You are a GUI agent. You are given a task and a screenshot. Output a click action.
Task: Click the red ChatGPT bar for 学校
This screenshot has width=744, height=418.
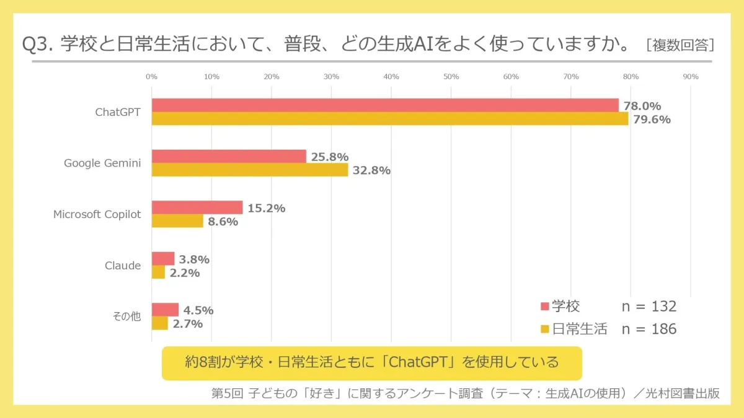[x=384, y=105]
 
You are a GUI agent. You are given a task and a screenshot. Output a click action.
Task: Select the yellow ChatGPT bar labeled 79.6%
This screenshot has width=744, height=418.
[x=389, y=119]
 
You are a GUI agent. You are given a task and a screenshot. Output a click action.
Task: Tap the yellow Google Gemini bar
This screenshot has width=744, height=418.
[x=250, y=170]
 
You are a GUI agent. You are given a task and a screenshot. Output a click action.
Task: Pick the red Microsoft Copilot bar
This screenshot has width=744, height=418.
[x=197, y=207]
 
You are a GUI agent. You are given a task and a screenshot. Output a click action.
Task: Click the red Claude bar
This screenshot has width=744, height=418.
[x=163, y=258]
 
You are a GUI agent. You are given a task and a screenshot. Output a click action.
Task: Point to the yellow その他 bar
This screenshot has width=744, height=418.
[x=160, y=323]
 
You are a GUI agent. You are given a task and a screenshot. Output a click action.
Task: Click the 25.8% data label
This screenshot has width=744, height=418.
[x=329, y=157]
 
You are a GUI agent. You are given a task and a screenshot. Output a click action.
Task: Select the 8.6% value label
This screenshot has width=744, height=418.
[x=223, y=222]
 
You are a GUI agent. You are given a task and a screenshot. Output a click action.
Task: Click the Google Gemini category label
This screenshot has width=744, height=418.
[x=102, y=163]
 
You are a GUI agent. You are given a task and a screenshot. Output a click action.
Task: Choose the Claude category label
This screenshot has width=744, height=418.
[x=123, y=266]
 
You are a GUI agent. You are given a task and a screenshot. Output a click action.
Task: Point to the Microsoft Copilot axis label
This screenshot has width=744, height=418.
[x=97, y=214]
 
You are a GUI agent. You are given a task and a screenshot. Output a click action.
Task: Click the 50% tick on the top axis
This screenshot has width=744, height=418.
[x=451, y=77]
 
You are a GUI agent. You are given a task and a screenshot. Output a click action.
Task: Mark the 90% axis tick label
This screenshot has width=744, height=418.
[x=690, y=77]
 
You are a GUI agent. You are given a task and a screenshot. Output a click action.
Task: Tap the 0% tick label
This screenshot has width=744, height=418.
[x=151, y=77]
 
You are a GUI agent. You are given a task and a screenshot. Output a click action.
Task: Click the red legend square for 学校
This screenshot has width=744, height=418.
[x=545, y=307]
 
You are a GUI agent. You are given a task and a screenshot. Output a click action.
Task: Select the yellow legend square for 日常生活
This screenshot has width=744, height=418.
[x=545, y=329]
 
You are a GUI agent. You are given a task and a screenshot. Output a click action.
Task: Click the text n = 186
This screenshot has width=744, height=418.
[x=649, y=329]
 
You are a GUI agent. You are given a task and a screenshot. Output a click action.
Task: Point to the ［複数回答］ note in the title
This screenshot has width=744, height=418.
[x=680, y=45]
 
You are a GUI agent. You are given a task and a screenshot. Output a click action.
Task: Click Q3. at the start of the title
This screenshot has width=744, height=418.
[x=39, y=45]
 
